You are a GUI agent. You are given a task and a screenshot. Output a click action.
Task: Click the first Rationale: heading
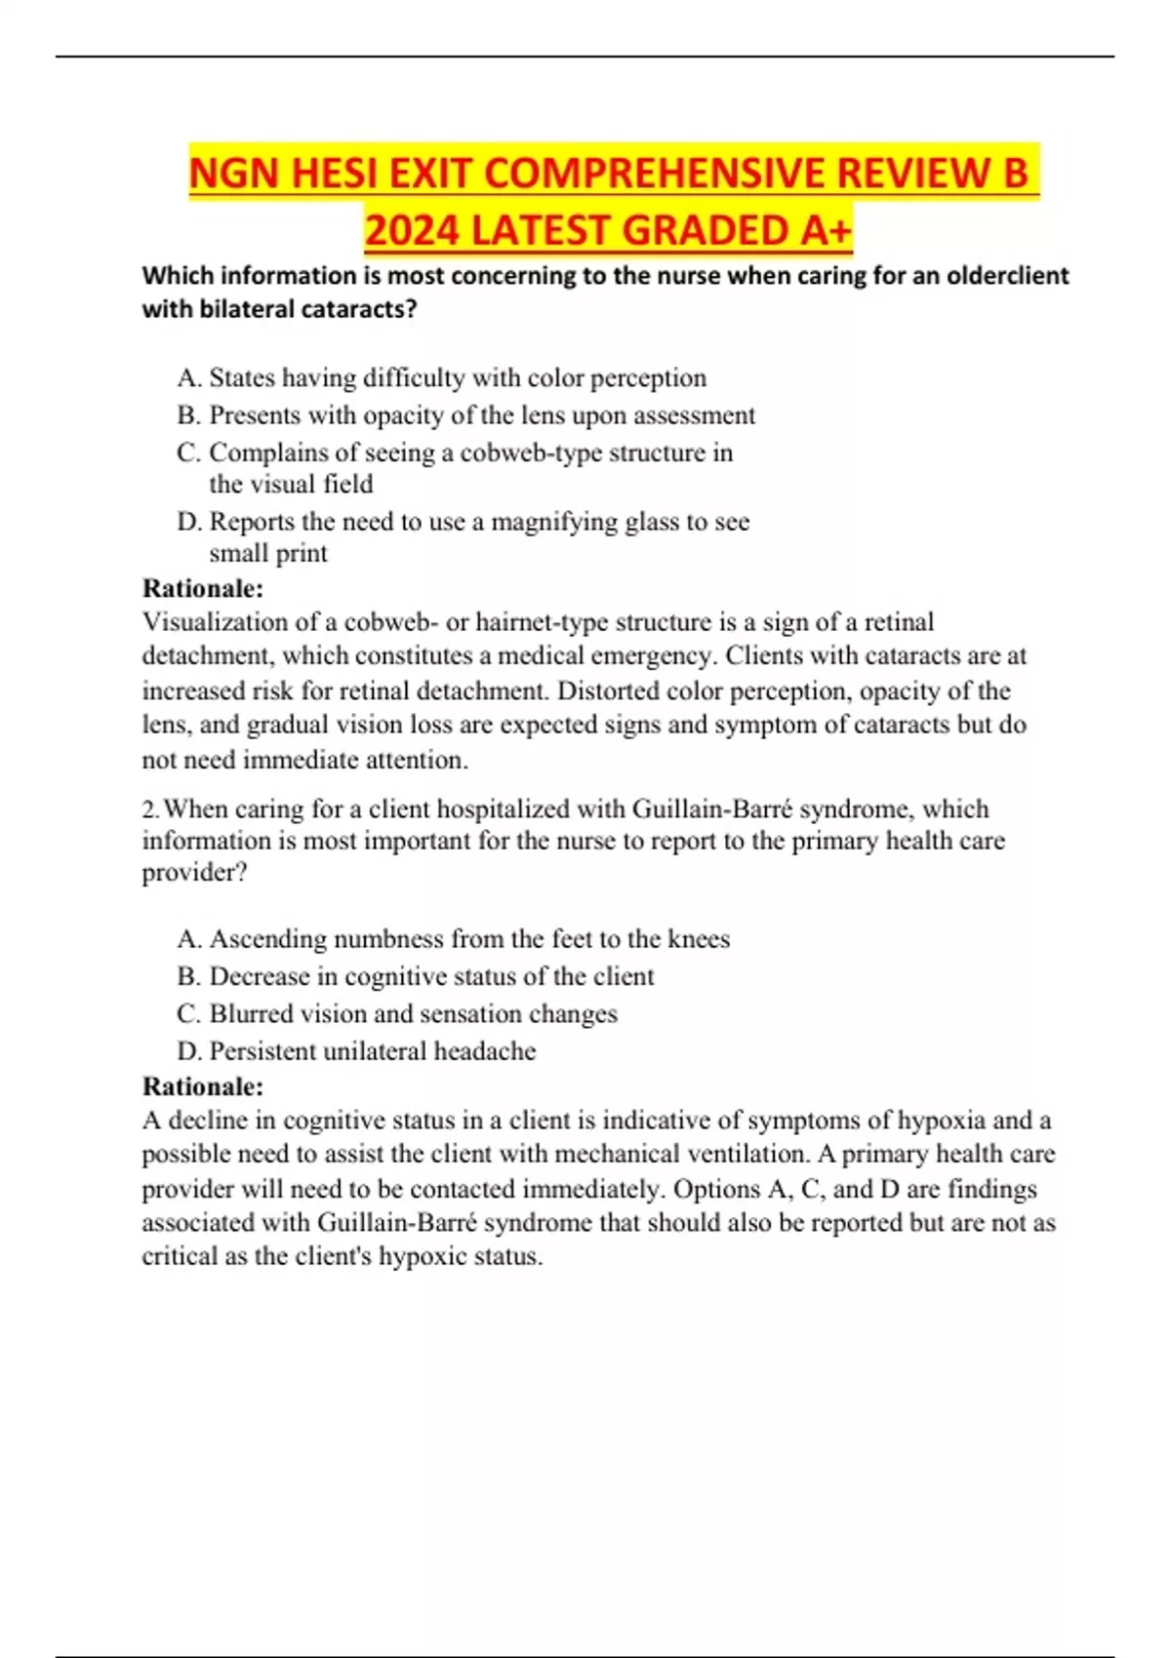point(203,588)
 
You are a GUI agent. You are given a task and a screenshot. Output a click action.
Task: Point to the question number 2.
point(149,809)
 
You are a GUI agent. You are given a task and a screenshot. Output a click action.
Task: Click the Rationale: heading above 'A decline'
point(203,1086)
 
